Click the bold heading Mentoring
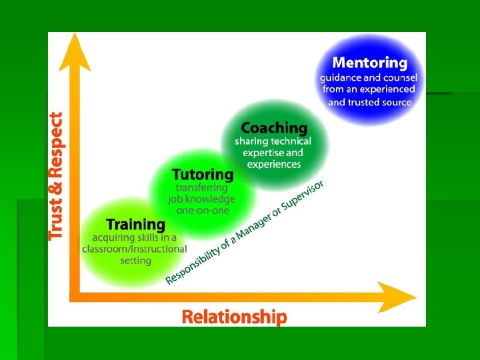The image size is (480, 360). pos(369,63)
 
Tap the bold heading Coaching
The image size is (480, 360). pos(274,127)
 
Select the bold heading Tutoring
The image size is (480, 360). pos(203,175)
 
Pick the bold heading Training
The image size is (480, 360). pos(135,225)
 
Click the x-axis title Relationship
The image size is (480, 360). pos(235,317)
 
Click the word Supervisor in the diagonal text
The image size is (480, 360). pos(304,194)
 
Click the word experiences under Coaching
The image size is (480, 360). pos(274,164)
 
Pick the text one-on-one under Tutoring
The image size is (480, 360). pos(203,210)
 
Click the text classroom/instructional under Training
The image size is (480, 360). pos(134,249)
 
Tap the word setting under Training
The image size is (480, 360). pos(135,261)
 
